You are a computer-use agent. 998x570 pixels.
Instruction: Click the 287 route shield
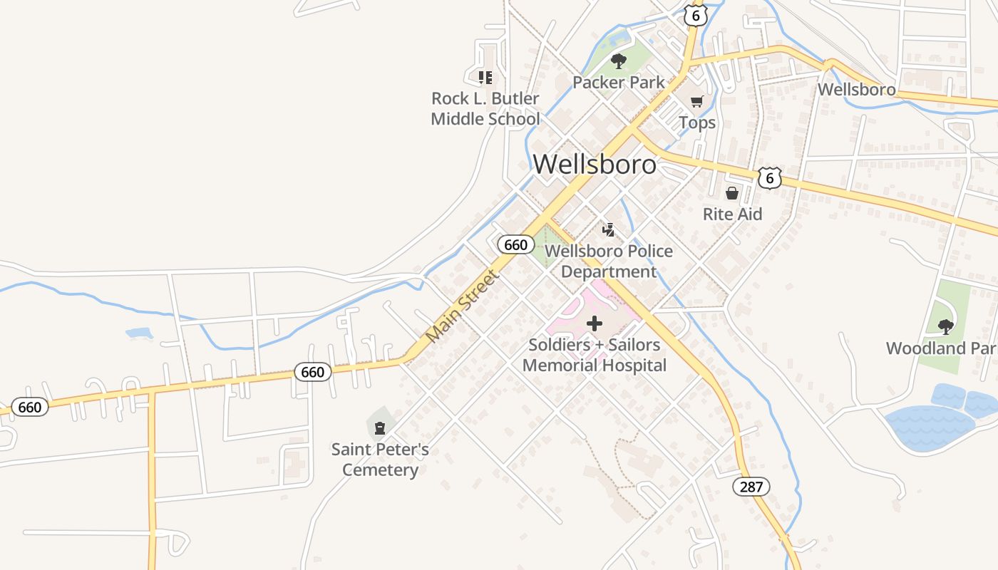pyautogui.click(x=751, y=487)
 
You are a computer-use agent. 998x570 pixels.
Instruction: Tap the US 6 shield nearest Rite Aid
pyautogui.click(x=769, y=177)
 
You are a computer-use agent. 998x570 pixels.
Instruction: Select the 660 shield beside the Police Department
pyautogui.click(x=515, y=244)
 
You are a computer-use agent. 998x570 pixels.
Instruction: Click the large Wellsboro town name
pyautogui.click(x=595, y=164)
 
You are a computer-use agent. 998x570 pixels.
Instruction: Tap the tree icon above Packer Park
pyautogui.click(x=618, y=61)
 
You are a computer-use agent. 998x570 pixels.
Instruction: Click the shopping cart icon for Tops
pyautogui.click(x=696, y=101)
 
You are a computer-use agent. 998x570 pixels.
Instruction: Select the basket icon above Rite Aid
pyautogui.click(x=731, y=192)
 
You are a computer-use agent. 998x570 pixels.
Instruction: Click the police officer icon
pyautogui.click(x=608, y=229)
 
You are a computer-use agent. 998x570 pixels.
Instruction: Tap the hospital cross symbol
pyautogui.click(x=594, y=323)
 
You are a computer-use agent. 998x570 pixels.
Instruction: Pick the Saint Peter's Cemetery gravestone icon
pyautogui.click(x=380, y=427)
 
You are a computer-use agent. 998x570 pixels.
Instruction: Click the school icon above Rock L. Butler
pyautogui.click(x=485, y=77)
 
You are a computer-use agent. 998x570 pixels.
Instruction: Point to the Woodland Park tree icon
pyautogui.click(x=945, y=327)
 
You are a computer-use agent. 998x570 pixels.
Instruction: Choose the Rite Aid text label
pyautogui.click(x=732, y=214)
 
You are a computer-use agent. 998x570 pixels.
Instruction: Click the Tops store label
pyautogui.click(x=697, y=123)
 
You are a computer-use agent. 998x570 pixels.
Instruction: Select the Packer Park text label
pyautogui.click(x=618, y=82)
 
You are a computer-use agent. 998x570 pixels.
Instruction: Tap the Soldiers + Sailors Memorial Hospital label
pyautogui.click(x=595, y=355)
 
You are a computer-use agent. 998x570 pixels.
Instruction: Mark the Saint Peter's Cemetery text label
pyautogui.click(x=380, y=460)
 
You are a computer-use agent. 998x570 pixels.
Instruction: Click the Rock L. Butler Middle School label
pyautogui.click(x=485, y=108)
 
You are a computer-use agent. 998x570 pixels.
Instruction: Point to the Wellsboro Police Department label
pyautogui.click(x=608, y=261)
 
